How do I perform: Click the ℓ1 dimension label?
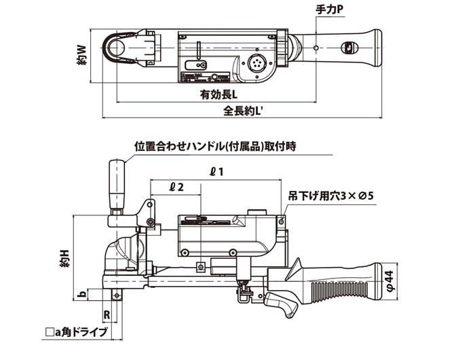pos(216,172)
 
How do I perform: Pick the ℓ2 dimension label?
pos(176,185)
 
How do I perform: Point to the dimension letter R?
pos(107,314)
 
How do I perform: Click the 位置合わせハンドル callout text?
pos(216,145)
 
